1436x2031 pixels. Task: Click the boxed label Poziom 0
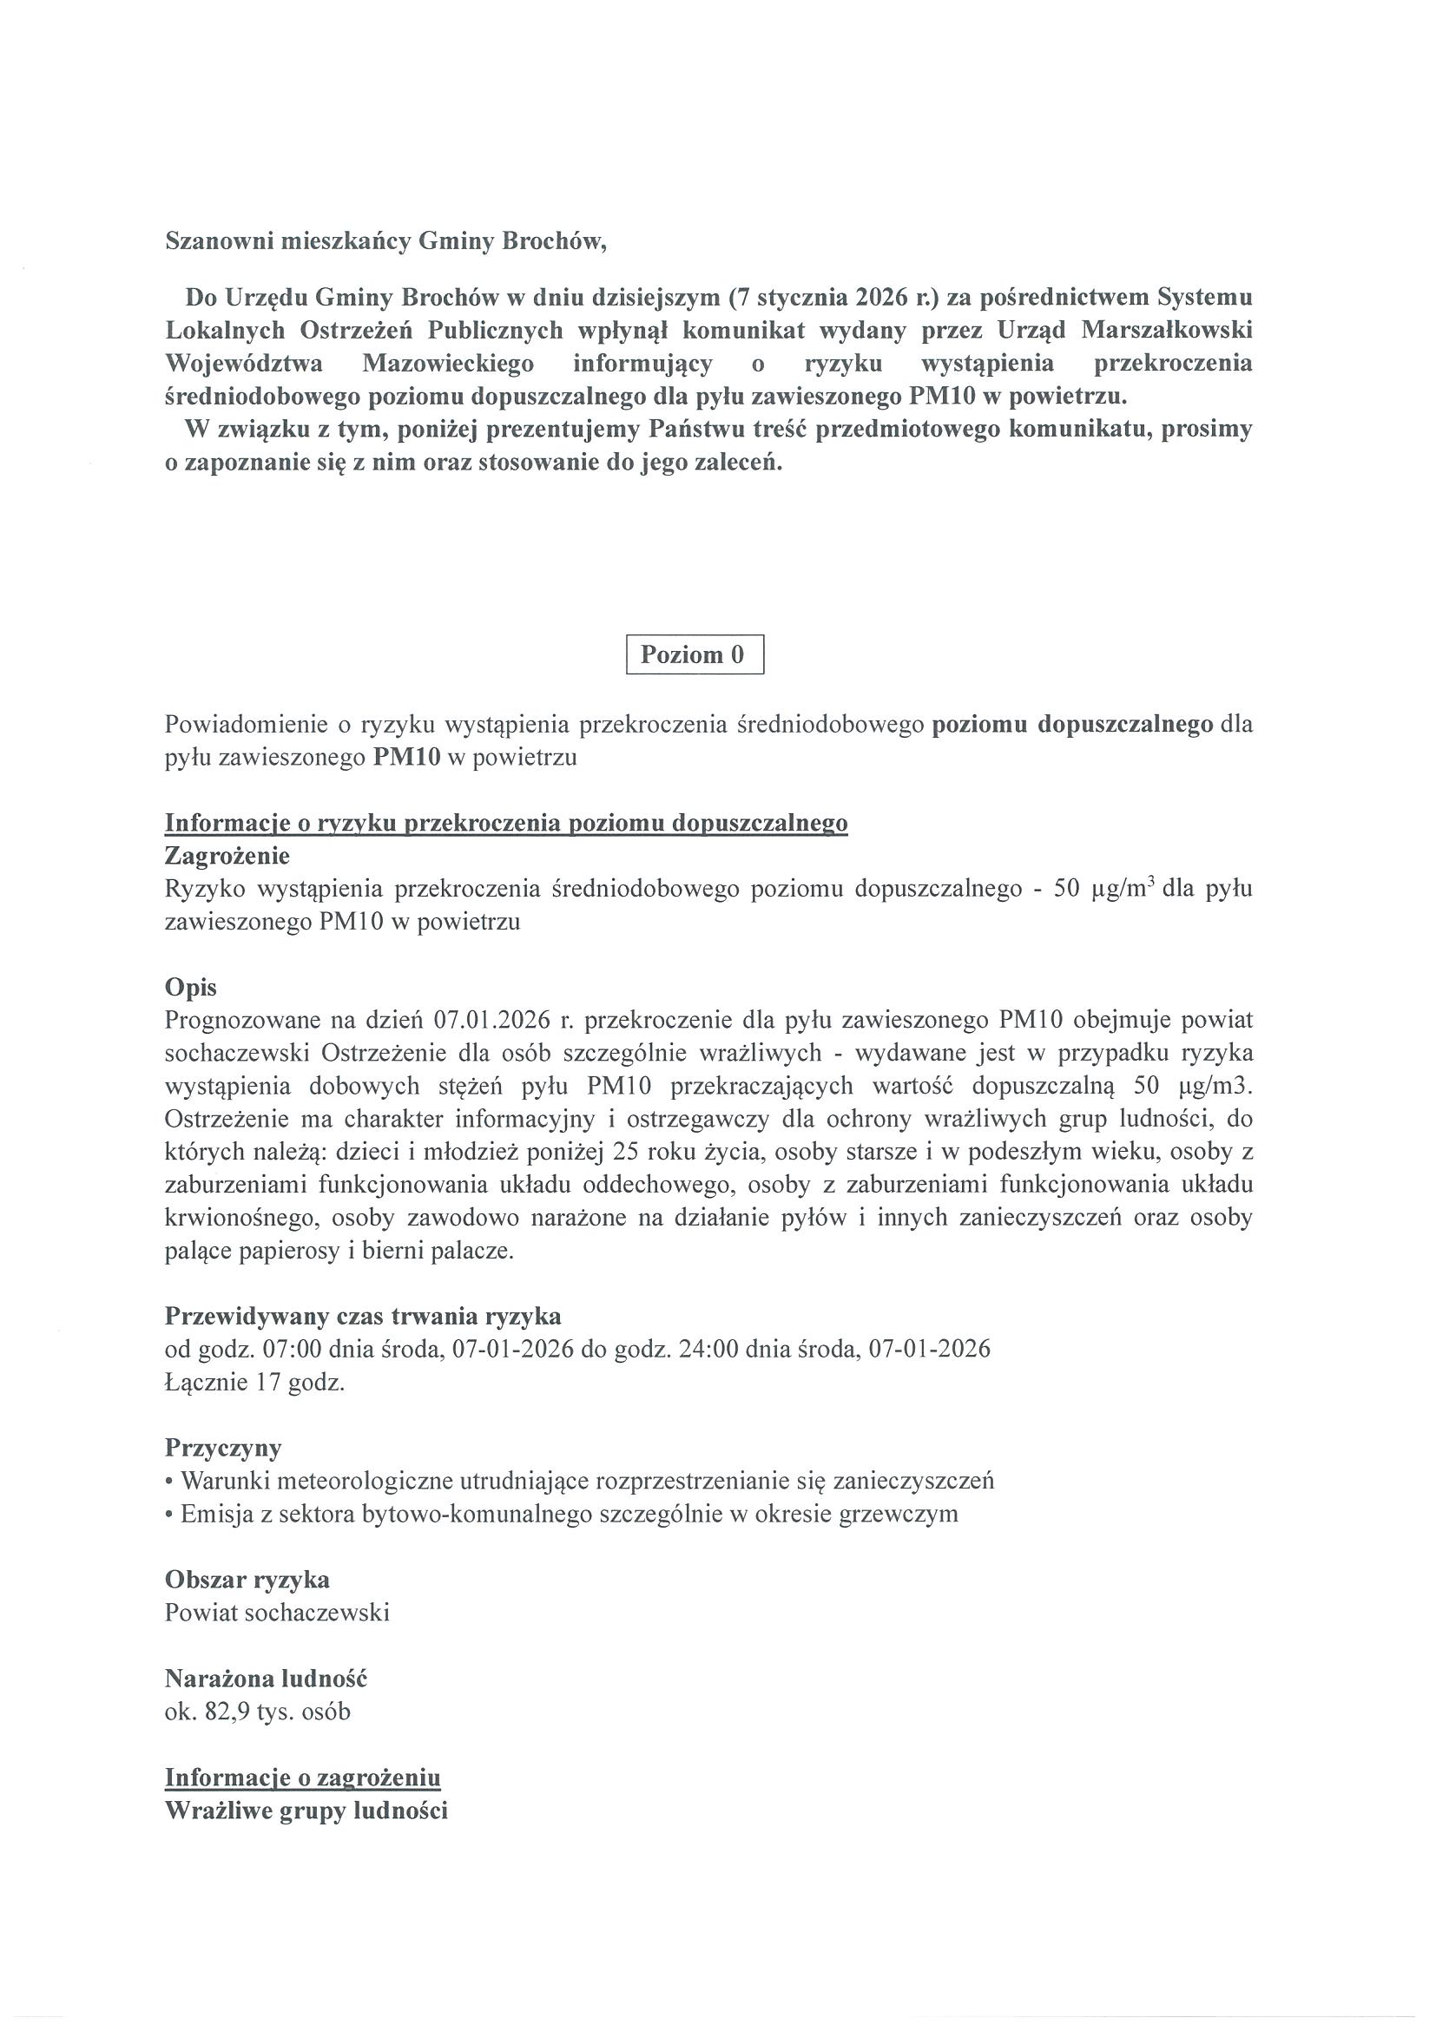694,654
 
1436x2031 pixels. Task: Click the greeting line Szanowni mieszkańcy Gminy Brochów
385,241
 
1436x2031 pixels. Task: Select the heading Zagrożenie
227,856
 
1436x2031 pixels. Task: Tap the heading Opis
190,987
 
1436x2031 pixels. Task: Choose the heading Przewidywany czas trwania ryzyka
363,1317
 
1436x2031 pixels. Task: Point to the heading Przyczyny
223,1448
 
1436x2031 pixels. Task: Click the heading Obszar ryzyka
247,1579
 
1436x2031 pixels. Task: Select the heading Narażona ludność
266,1678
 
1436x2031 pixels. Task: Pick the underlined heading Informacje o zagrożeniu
303,1778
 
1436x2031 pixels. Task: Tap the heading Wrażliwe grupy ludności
306,1810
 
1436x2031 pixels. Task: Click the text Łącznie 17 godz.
255,1383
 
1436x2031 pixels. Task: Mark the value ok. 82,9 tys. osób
258,1712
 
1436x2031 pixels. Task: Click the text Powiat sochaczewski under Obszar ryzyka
277,1613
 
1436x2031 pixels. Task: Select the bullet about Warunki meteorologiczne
580,1481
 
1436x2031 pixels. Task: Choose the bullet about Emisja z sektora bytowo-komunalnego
561,1514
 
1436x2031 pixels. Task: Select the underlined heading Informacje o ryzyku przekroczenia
506,823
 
